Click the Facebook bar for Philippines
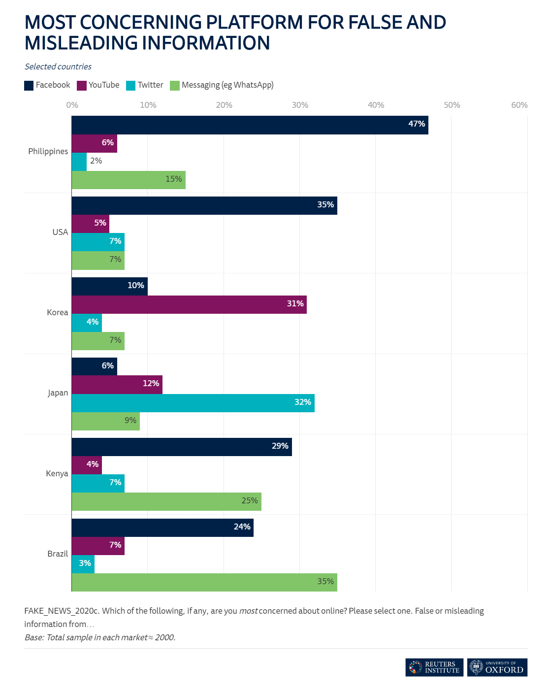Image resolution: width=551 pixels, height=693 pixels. point(250,125)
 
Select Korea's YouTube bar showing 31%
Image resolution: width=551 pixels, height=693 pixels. point(189,304)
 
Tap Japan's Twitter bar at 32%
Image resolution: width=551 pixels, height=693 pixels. point(193,403)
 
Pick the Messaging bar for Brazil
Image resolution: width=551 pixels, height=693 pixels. point(204,582)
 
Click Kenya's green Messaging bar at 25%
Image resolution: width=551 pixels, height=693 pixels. point(166,501)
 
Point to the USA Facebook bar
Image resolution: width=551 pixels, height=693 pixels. point(204,205)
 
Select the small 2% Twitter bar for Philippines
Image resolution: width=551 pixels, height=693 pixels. point(79,162)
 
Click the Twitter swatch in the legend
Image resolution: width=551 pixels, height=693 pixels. point(130,85)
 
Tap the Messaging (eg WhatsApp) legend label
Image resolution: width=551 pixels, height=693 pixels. point(227,85)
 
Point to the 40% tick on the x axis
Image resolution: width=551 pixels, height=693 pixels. point(376,105)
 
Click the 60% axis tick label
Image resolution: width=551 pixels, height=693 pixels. point(519,105)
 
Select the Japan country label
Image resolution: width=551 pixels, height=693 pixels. point(58,393)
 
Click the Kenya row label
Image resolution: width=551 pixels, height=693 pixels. point(57,473)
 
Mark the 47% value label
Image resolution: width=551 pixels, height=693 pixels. point(417,124)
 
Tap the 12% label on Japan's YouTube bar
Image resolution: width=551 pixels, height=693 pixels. point(151,383)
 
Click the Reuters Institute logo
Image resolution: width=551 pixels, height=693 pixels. point(434,667)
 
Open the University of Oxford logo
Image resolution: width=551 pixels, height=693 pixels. point(497,667)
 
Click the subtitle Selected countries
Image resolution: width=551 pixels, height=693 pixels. point(58,66)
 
